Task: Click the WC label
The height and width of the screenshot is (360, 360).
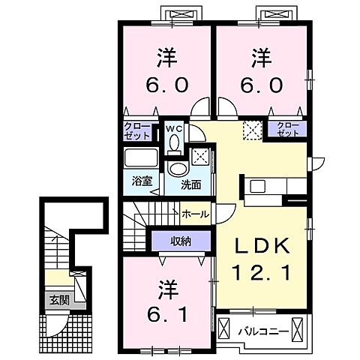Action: (x=174, y=128)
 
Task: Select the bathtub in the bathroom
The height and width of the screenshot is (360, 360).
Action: (x=142, y=160)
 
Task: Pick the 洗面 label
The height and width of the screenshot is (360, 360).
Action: (x=190, y=184)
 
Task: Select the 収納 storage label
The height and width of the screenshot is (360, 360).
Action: (x=178, y=241)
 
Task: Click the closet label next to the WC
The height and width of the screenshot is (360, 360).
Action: (x=141, y=130)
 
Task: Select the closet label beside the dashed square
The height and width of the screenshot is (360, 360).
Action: (x=289, y=127)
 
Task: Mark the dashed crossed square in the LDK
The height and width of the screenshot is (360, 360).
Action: (x=253, y=130)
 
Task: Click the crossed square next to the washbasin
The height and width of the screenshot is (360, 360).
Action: (x=200, y=156)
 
